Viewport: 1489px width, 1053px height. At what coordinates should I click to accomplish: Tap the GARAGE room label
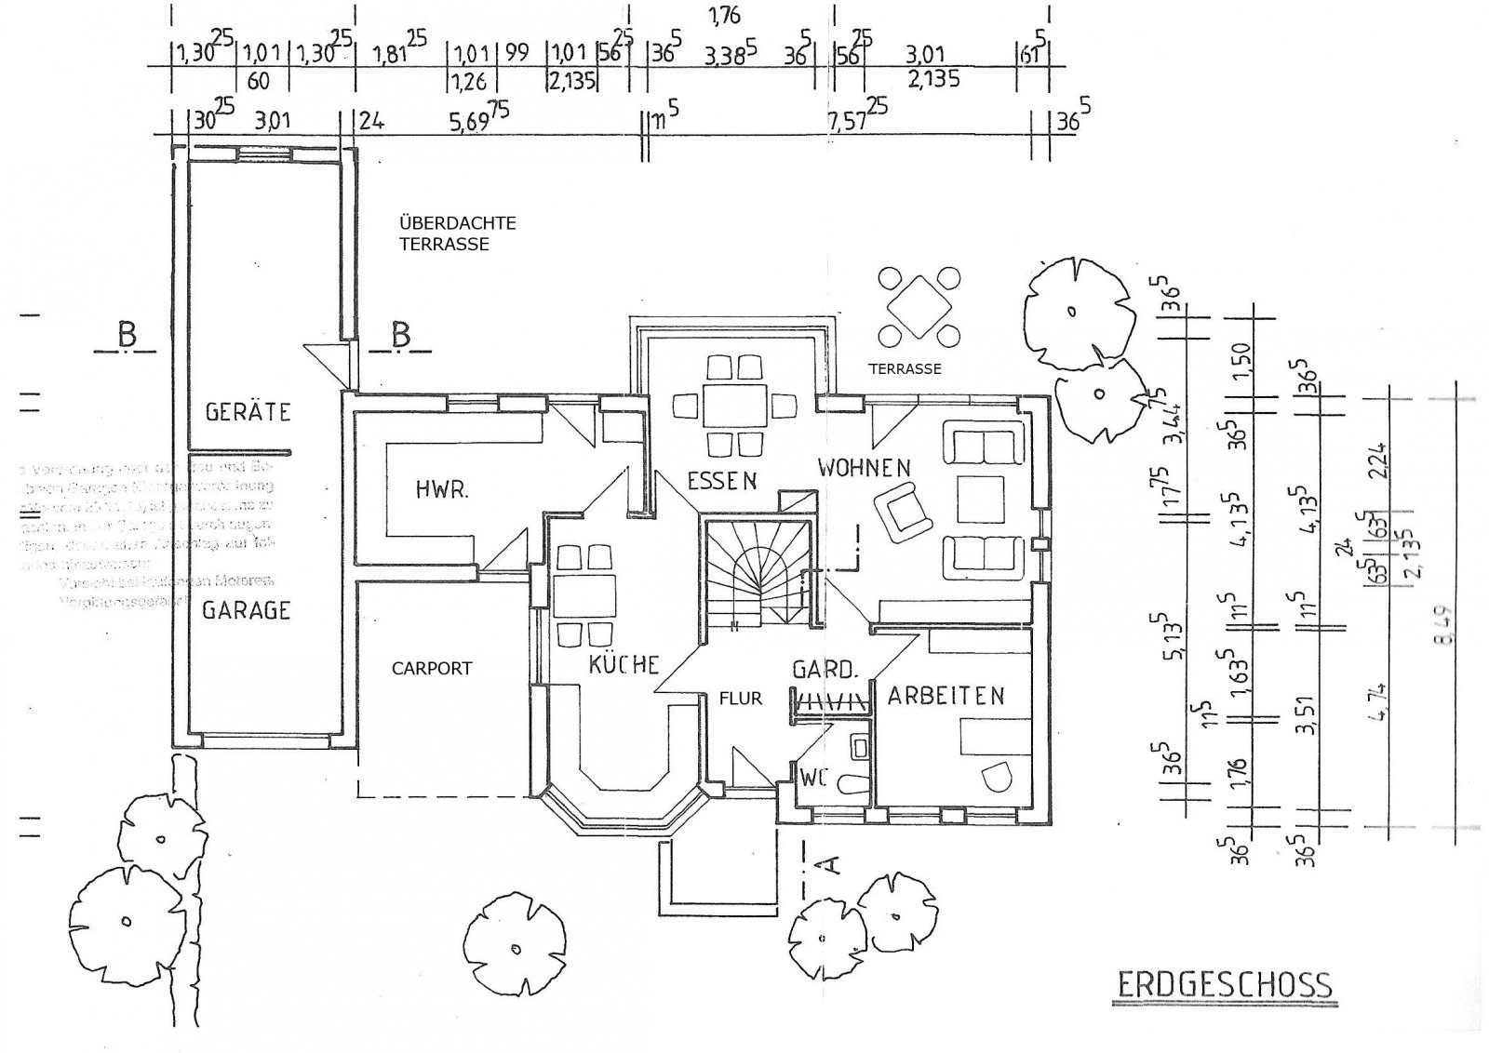[247, 610]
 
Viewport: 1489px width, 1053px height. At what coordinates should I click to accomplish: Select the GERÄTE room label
[248, 411]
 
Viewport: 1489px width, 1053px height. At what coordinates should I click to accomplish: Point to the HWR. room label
[441, 489]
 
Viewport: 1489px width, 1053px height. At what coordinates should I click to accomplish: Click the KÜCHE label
[624, 665]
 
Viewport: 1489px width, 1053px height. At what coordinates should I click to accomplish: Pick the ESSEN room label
[721, 481]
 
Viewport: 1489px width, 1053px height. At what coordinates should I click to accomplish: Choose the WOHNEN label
[864, 467]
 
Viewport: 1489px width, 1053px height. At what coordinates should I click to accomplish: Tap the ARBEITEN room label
[946, 696]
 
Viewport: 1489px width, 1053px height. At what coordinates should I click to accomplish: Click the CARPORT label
[431, 668]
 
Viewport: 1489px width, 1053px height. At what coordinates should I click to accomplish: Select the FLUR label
[740, 698]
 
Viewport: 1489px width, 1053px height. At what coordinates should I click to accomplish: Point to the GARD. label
[824, 670]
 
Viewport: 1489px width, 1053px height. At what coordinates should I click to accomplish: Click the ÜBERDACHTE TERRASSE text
[457, 234]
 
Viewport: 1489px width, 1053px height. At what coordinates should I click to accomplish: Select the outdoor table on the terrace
[919, 306]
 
